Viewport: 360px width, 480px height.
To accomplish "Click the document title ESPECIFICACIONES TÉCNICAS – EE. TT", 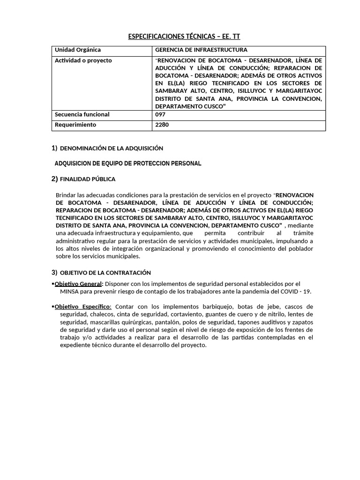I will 184,37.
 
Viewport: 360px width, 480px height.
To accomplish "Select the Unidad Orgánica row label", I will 78,50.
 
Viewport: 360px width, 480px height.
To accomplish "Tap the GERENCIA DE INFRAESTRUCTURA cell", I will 201,50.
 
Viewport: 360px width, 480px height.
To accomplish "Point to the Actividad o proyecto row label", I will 83,60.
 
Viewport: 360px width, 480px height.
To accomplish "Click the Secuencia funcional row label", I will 82,114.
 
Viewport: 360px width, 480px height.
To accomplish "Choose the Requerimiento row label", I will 75,125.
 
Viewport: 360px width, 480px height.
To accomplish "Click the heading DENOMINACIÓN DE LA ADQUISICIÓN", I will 112,148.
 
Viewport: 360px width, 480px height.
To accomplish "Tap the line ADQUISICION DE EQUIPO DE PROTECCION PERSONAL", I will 128,163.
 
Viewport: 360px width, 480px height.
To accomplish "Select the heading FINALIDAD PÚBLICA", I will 88,179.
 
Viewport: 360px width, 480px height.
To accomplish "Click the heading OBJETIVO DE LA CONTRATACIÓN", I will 105,272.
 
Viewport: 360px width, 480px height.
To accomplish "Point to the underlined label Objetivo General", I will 78,284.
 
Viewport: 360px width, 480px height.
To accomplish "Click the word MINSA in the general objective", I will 70,291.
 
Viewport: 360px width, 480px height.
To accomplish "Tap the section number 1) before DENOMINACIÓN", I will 54,148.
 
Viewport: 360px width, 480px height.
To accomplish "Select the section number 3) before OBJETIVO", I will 54,272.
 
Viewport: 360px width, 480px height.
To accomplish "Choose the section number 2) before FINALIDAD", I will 54,179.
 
